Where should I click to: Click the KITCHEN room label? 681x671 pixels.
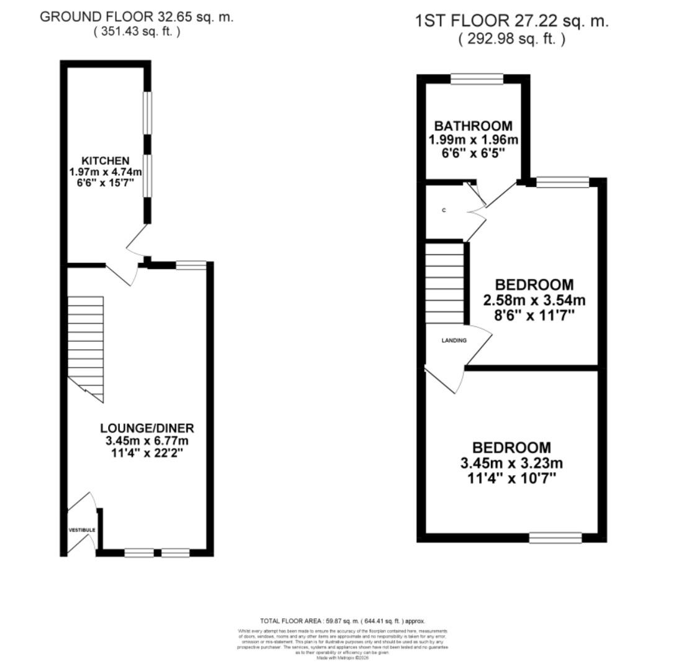click(105, 161)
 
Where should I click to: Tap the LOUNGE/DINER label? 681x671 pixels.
click(147, 428)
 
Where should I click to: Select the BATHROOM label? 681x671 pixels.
click(473, 126)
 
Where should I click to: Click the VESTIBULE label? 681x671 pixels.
click(82, 530)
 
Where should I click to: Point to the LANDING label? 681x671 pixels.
click(454, 340)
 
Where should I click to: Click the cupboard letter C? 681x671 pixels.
click(444, 211)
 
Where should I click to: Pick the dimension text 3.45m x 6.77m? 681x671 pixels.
click(147, 440)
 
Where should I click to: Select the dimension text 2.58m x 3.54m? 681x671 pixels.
click(534, 301)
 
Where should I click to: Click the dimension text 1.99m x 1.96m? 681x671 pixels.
click(473, 139)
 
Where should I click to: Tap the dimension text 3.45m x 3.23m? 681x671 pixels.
click(511, 463)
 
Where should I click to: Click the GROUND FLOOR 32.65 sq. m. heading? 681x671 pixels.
click(137, 17)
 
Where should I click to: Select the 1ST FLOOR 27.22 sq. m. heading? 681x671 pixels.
click(511, 21)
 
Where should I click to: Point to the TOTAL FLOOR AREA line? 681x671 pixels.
click(342, 621)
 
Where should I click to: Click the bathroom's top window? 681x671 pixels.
click(477, 78)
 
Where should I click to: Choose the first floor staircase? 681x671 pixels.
click(445, 283)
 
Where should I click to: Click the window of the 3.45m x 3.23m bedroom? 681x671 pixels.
click(555, 537)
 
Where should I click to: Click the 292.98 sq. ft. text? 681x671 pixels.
click(511, 39)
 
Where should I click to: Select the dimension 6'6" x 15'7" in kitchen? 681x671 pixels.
click(105, 183)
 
